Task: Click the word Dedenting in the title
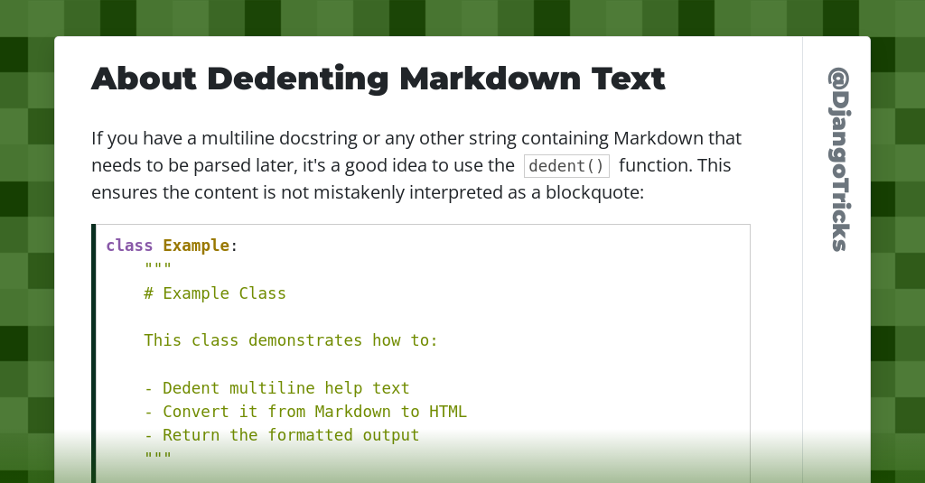[x=297, y=79]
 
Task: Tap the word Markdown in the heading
[x=491, y=79]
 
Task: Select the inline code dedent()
[x=566, y=166]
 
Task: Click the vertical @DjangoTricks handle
[x=839, y=159]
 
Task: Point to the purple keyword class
[x=129, y=246]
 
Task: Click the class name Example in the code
[x=196, y=246]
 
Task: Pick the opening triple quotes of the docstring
[x=157, y=266]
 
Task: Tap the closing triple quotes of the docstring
[x=157, y=455]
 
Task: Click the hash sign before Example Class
[x=149, y=293]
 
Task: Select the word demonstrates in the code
[x=305, y=340]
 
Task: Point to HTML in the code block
[x=448, y=411]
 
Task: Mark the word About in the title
[x=144, y=79]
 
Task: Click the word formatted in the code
[x=310, y=434]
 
